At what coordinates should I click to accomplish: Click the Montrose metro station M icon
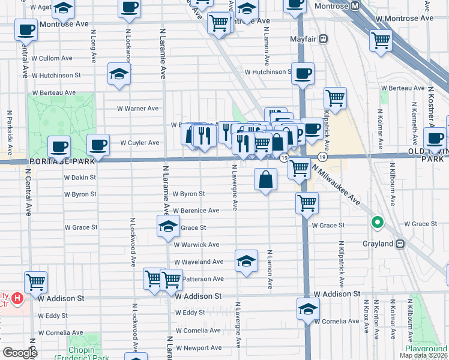[355, 6]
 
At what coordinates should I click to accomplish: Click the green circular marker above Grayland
[377, 223]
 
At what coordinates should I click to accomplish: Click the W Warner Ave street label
[137, 109]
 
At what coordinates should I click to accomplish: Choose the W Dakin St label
[80, 178]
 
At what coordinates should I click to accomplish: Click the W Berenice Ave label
[196, 211]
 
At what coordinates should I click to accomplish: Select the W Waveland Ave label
[199, 262]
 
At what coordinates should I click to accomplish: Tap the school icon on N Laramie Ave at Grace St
[169, 226]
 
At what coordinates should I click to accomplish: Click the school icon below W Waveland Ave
[246, 260]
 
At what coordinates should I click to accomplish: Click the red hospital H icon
[17, 297]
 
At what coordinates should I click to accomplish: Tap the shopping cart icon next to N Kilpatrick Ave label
[334, 98]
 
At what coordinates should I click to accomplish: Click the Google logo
[20, 353]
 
